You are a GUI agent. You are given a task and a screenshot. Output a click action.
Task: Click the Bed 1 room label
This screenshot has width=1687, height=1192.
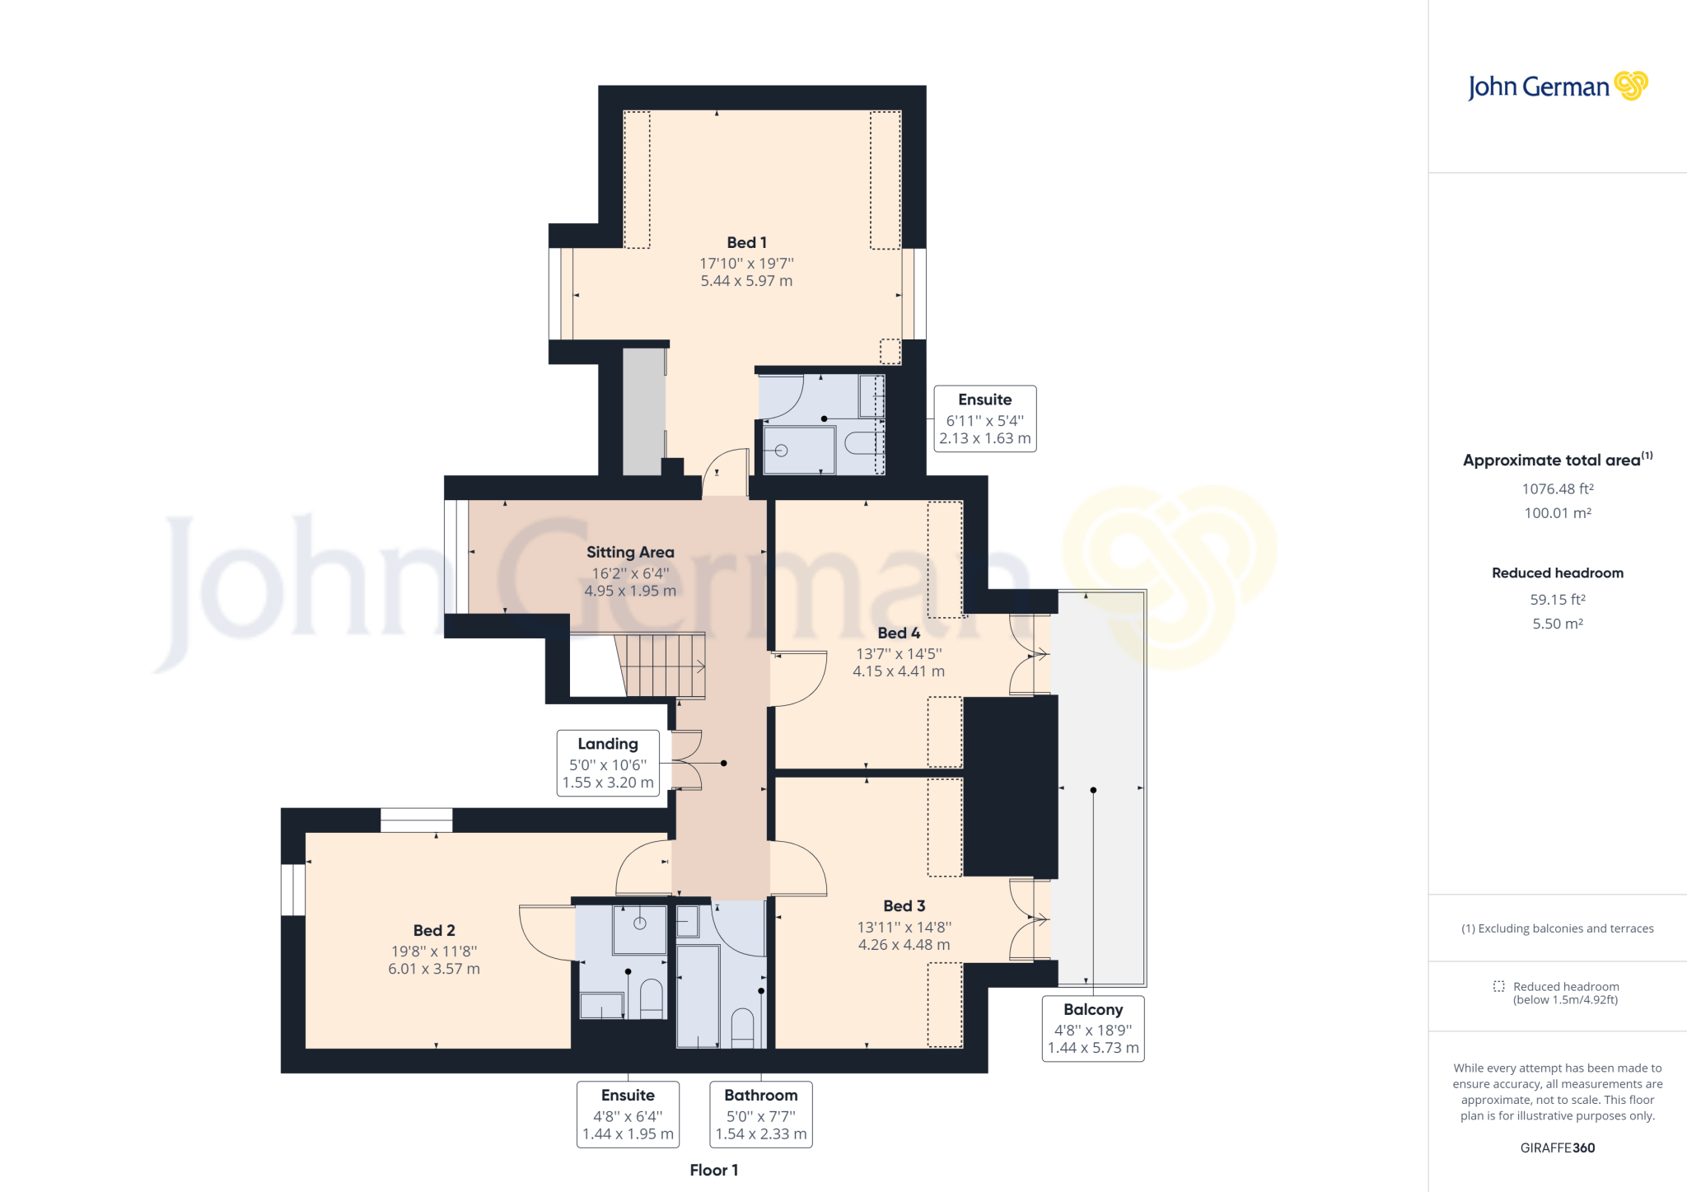[x=746, y=242]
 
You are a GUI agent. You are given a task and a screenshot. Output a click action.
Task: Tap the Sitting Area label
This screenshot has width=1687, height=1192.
[x=630, y=552]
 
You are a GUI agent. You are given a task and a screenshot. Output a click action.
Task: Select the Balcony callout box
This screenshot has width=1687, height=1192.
[x=1092, y=1028]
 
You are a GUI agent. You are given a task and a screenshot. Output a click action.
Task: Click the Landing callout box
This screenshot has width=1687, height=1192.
[x=608, y=763]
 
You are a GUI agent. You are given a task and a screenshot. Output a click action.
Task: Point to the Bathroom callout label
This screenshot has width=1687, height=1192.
[x=760, y=1114]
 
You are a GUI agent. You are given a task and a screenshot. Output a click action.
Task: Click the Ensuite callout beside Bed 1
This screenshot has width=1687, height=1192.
[x=984, y=418]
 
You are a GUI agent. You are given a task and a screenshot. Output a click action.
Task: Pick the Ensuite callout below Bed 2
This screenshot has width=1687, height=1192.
[x=628, y=1114]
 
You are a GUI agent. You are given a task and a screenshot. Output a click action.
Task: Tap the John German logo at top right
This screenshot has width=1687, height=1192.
[x=1557, y=86]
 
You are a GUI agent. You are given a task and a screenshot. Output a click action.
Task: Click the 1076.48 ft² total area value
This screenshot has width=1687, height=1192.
[x=1557, y=488]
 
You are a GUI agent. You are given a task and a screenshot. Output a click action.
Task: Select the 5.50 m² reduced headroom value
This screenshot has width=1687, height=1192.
[x=1557, y=624]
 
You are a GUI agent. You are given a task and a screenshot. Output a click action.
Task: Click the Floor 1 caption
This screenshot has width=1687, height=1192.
[x=713, y=1170]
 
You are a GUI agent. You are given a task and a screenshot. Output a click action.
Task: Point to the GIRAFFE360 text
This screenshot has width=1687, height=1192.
[x=1557, y=1148]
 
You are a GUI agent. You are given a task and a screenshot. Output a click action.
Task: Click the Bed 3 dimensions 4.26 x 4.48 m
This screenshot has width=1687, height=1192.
[x=904, y=945]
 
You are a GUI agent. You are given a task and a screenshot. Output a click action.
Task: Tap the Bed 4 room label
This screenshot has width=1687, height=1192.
[x=898, y=633]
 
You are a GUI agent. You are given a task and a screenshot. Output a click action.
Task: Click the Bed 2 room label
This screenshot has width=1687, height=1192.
[x=434, y=930]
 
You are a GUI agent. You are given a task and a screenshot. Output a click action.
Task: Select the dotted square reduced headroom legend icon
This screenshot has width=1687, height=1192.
[x=1498, y=986]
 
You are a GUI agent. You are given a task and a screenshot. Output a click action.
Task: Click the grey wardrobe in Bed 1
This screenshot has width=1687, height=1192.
[x=643, y=411]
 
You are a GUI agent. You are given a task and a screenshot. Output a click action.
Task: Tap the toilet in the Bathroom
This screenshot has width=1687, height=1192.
[x=742, y=1026]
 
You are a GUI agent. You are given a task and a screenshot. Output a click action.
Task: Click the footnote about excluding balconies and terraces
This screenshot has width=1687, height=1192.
[x=1557, y=928]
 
